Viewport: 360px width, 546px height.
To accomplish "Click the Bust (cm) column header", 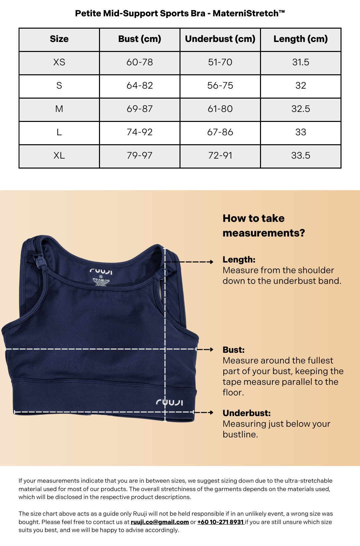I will tap(140, 39).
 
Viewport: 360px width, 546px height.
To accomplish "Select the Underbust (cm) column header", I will tap(220, 39).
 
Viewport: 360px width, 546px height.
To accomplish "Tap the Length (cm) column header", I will tap(301, 39).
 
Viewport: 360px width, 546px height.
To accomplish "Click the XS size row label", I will tap(59, 62).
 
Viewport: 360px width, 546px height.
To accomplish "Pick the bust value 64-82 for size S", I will tap(140, 86).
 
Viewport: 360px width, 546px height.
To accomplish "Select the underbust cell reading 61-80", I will tap(220, 109).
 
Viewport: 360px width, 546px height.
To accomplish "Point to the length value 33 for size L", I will tap(301, 132).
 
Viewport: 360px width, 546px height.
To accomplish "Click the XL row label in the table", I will tap(59, 156).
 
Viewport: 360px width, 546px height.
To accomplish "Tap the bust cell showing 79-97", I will tap(140, 156).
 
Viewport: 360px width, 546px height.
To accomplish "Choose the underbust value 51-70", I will tap(220, 62).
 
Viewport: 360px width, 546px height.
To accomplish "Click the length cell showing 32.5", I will tap(301, 109).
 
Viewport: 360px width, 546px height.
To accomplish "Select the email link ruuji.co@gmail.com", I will tap(160, 522).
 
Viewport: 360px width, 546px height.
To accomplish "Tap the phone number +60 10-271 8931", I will tap(221, 522).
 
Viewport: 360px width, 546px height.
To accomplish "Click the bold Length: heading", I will tap(239, 260).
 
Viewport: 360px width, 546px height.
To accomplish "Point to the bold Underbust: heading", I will tap(247, 413).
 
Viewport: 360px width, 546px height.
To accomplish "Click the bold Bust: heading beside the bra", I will tap(234, 350).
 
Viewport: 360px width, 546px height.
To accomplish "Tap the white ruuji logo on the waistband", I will tap(169, 402).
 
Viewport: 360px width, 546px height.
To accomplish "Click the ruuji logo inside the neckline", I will tap(101, 271).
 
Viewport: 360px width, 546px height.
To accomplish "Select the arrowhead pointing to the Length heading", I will tap(211, 262).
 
